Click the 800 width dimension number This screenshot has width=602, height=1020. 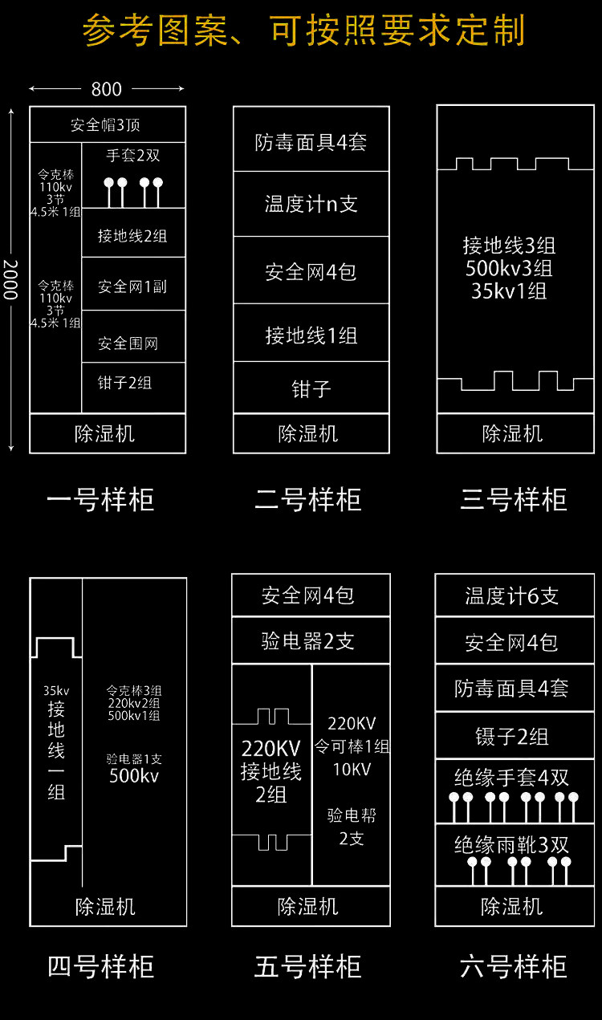(107, 89)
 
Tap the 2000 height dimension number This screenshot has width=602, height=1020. (10, 279)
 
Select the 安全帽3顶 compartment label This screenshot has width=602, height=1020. (106, 125)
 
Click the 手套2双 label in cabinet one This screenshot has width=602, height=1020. (133, 156)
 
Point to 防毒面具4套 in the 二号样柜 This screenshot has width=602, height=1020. (311, 143)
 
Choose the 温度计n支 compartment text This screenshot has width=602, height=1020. (311, 204)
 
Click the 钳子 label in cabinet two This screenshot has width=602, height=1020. (311, 389)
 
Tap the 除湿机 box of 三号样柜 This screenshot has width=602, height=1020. (513, 434)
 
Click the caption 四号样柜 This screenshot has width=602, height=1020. (100, 966)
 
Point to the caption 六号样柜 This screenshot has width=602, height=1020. (513, 966)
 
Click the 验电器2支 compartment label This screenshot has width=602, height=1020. (307, 641)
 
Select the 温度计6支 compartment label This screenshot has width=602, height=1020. (512, 596)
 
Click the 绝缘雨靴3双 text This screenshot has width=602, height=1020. (512, 845)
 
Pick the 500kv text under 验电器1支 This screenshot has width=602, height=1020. (134, 776)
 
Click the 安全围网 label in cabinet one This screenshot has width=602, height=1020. (128, 343)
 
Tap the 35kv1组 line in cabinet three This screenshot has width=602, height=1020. (509, 291)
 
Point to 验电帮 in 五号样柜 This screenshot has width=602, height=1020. (352, 816)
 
